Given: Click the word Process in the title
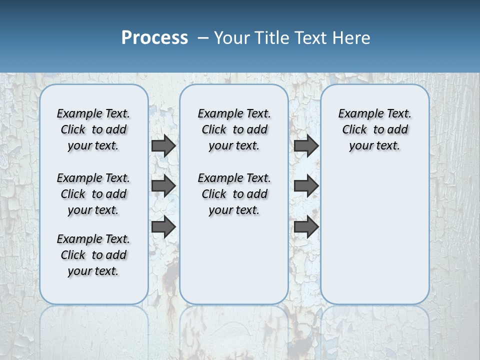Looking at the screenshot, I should pos(154,38).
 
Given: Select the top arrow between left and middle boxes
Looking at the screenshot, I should pos(163,145).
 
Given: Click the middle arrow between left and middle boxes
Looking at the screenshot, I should pos(163,186).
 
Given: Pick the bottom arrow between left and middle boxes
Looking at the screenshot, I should pos(163,226).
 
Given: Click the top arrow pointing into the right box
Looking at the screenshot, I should pos(306,145).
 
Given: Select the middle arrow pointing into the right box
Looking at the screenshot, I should pos(306,186).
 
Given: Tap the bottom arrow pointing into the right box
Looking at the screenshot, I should pos(306,226).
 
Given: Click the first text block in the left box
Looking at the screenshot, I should pos(93,129).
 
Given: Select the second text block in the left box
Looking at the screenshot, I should pos(93,194).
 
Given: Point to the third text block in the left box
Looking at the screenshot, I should pos(93,255).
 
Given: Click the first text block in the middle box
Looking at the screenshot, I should pos(234,129).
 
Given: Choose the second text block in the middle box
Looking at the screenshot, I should pos(234,194).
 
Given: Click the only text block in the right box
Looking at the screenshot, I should pos(375,129).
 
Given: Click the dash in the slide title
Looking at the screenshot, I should pos(203,38).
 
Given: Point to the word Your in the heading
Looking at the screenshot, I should pos(232,38).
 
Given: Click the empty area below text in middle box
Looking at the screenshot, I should pos(234,260).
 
